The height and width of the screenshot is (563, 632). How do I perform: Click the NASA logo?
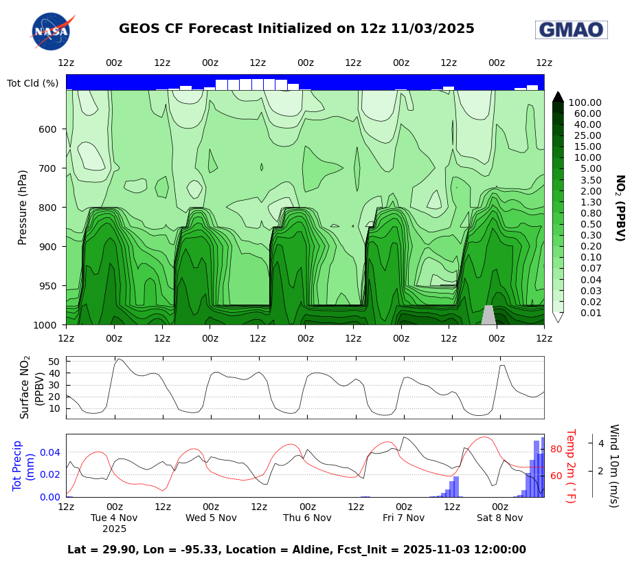pyautogui.click(x=52, y=31)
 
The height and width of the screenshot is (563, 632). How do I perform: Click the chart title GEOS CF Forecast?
pyautogui.click(x=296, y=29)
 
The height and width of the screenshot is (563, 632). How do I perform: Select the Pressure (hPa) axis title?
pyautogui.click(x=23, y=207)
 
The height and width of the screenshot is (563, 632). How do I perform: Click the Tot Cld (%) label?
pyautogui.click(x=32, y=83)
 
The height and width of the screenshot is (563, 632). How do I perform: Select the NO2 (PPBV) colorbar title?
pyautogui.click(x=619, y=208)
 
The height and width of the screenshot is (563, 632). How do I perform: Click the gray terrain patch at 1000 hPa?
pyautogui.click(x=488, y=316)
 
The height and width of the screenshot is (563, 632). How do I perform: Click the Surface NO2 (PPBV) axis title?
pyautogui.click(x=32, y=387)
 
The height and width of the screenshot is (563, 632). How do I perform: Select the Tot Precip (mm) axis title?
pyautogui.click(x=23, y=465)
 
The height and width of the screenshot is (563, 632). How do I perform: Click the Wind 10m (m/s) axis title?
pyautogui.click(x=613, y=465)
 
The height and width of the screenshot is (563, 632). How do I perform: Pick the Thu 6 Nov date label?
pyautogui.click(x=307, y=518)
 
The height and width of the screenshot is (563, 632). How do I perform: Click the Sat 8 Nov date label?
pyautogui.click(x=499, y=518)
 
